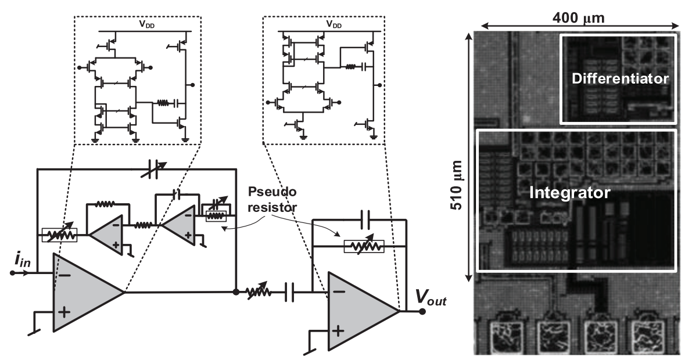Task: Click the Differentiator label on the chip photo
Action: click(619, 78)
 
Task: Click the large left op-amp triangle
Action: click(81, 293)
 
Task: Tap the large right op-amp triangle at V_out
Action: click(357, 311)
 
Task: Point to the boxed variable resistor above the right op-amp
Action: click(364, 247)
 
